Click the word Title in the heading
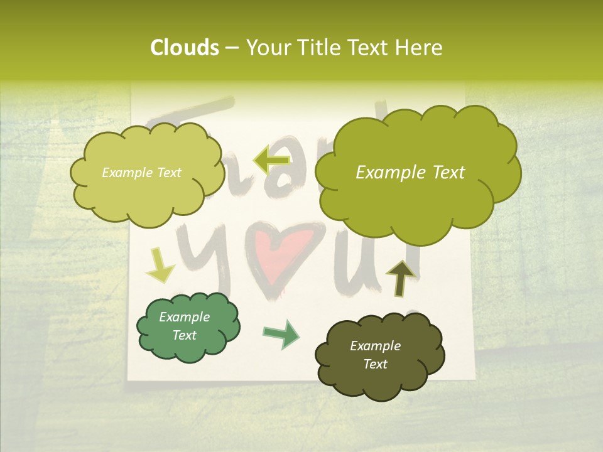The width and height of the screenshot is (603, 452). coord(320,48)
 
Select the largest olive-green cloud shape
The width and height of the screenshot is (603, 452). coord(417,173)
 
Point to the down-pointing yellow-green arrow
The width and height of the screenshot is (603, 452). coord(160,266)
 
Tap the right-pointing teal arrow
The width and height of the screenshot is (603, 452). coord(281,333)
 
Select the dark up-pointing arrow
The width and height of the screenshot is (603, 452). coord(400,277)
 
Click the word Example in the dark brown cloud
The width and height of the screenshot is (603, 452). coord(375,346)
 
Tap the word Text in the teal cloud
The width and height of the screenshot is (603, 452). coord(184,335)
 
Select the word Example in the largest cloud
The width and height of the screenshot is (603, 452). coord(384,173)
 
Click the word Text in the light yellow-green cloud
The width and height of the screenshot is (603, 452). coord(168,173)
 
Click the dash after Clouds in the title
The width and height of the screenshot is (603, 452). coord(231,48)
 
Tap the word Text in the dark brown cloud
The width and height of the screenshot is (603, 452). coord(375,364)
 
